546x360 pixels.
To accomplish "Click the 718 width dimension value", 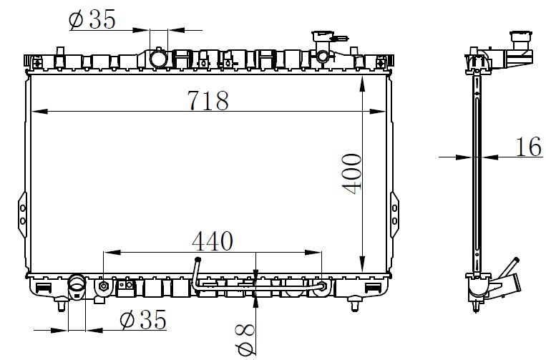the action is coord(208,100).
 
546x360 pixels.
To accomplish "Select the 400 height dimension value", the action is coord(351,174).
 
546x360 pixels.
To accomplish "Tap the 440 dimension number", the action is coord(213,241).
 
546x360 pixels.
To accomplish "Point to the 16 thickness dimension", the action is coord(529,146).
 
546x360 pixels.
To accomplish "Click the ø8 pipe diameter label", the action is coord(245,339).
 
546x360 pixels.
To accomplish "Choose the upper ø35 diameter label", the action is coord(92,19).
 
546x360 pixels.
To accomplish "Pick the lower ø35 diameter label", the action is coord(143,319).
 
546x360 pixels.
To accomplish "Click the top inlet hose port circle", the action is coord(158,58).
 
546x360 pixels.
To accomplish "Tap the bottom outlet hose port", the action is coord(77,286).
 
